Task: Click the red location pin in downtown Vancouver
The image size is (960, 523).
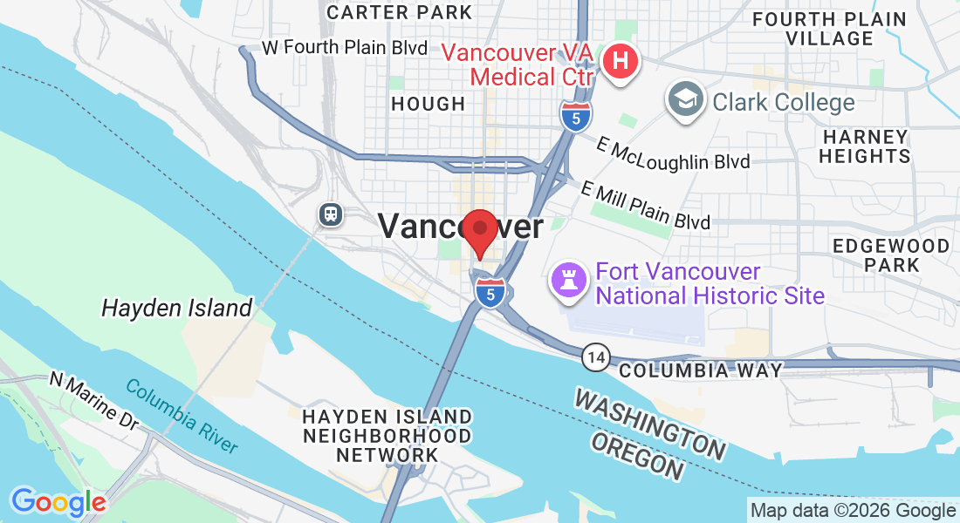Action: [479, 230]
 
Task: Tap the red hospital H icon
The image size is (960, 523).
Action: [621, 63]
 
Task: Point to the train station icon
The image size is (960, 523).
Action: [330, 214]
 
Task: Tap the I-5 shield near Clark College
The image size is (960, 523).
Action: [574, 116]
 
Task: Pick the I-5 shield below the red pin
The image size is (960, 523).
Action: [490, 295]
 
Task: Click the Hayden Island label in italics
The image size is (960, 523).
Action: [176, 308]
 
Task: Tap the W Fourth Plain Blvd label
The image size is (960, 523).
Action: [345, 47]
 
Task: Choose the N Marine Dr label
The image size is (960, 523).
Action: [94, 401]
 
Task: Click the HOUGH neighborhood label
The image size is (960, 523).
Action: [428, 104]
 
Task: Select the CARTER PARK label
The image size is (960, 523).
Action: [399, 12]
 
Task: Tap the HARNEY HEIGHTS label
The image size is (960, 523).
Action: [866, 146]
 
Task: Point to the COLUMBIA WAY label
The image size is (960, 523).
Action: [700, 370]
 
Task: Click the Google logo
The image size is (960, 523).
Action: [58, 502]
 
